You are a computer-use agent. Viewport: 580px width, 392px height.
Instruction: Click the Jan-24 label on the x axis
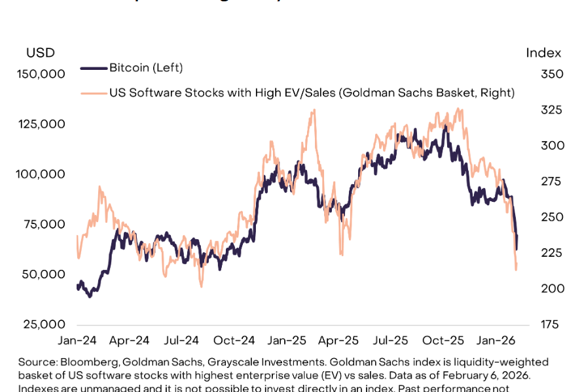tap(77, 340)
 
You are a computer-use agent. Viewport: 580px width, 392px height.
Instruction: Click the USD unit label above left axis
tap(40, 53)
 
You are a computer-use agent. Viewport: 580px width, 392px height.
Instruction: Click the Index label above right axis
tap(543, 53)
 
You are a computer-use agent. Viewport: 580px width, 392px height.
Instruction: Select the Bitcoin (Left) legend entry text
tap(146, 67)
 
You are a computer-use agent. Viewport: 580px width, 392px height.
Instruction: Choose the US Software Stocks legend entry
tap(312, 93)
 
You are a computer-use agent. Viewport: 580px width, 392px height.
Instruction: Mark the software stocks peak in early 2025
tap(314, 110)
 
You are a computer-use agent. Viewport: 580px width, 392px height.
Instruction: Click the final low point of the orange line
tap(517, 270)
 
